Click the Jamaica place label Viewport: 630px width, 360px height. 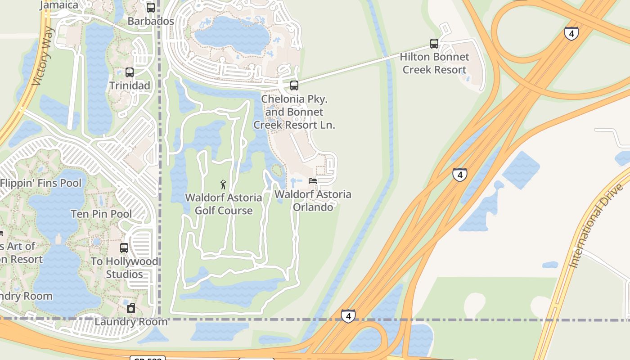(59, 5)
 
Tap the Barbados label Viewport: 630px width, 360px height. (151, 21)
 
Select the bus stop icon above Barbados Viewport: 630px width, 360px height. (151, 8)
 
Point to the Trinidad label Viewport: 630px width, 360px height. (130, 85)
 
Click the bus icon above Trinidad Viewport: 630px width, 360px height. (130, 72)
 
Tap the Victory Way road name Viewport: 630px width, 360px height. (43, 57)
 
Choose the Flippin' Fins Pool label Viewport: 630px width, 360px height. (41, 183)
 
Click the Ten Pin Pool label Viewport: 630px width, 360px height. (101, 214)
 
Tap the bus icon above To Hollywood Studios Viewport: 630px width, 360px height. (124, 248)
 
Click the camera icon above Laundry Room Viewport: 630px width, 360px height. (131, 308)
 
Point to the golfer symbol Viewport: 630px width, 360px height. (223, 184)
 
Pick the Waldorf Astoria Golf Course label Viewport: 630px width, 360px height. (224, 204)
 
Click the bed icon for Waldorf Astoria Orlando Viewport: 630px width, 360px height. (313, 181)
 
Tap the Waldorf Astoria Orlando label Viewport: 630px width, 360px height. (313, 201)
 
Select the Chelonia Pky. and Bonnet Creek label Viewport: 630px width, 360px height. (294, 112)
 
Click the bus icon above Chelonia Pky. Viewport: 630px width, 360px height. (294, 85)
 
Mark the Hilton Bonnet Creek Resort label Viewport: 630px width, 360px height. (434, 63)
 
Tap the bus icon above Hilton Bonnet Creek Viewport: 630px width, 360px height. (434, 44)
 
